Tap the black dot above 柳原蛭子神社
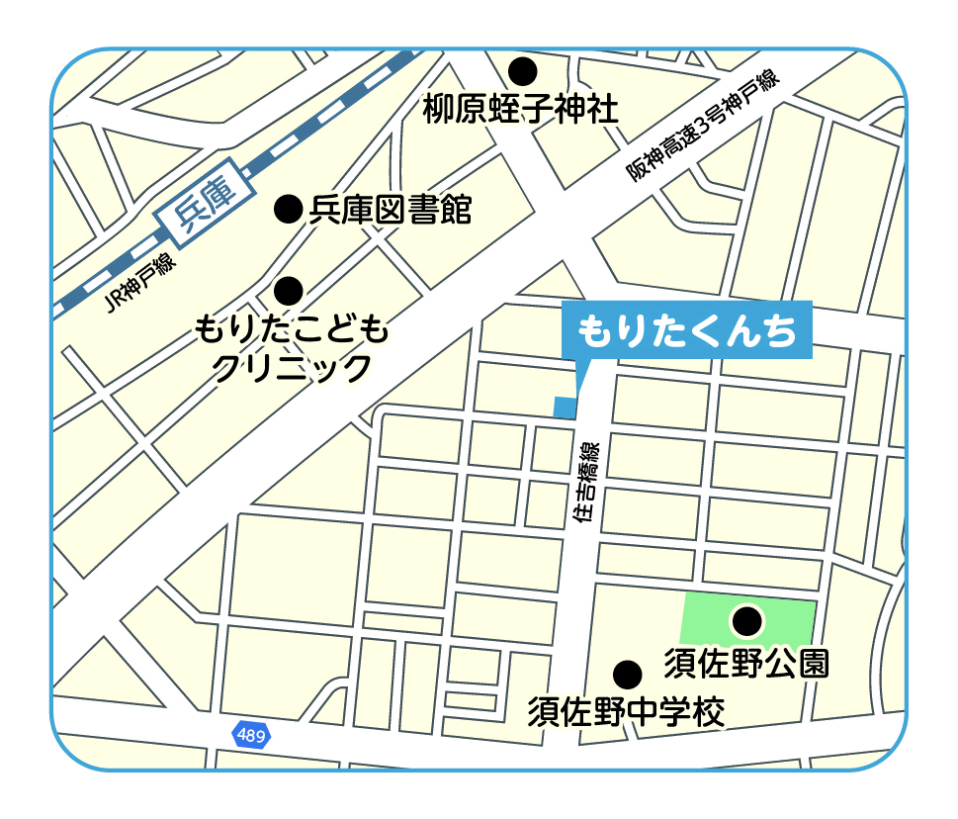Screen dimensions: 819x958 pyautogui.click(x=522, y=71)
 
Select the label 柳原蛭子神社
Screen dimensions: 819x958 pyautogui.click(x=521, y=109)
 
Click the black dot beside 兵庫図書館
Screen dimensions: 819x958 pyautogui.click(x=288, y=208)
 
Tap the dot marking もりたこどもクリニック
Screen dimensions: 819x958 pyautogui.click(x=289, y=290)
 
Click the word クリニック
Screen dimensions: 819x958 pyautogui.click(x=292, y=368)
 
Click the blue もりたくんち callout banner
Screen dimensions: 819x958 pyautogui.click(x=686, y=330)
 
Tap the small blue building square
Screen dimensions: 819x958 pyautogui.click(x=564, y=407)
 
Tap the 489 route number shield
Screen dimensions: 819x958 pyautogui.click(x=251, y=735)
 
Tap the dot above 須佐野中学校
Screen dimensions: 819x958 pyautogui.click(x=627, y=675)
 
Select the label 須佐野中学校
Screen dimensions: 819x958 pyautogui.click(x=626, y=711)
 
